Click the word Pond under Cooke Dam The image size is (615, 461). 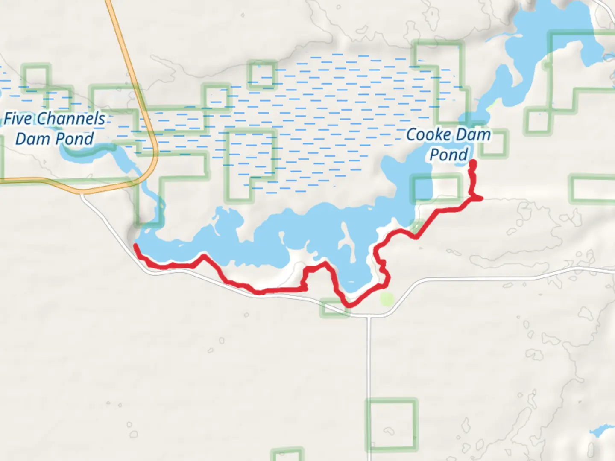click(448, 155)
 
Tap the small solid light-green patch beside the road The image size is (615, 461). click(387, 299)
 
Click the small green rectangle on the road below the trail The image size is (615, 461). click(334, 308)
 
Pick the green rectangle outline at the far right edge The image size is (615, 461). click(593, 189)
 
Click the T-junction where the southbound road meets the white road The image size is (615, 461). click(369, 316)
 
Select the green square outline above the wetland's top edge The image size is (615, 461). click(262, 75)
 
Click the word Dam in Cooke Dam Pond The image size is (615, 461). click(471, 135)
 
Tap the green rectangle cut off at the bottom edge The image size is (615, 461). click(287, 455)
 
